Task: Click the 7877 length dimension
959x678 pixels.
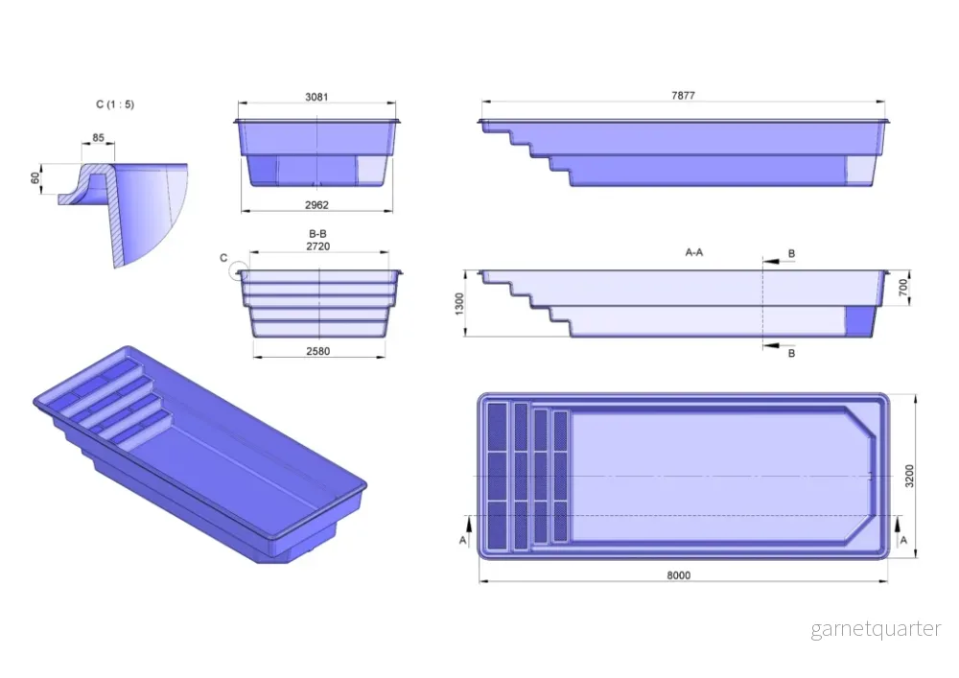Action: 683,95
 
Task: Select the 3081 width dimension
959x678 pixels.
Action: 316,97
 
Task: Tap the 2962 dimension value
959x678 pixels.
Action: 316,205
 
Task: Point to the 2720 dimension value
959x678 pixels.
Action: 318,246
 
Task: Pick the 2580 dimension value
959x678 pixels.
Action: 318,351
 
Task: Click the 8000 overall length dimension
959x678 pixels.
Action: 679,575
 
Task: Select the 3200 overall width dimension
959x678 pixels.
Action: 909,476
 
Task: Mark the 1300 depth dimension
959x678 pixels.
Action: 460,304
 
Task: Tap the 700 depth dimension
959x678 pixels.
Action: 903,288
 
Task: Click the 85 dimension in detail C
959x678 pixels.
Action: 99,138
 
